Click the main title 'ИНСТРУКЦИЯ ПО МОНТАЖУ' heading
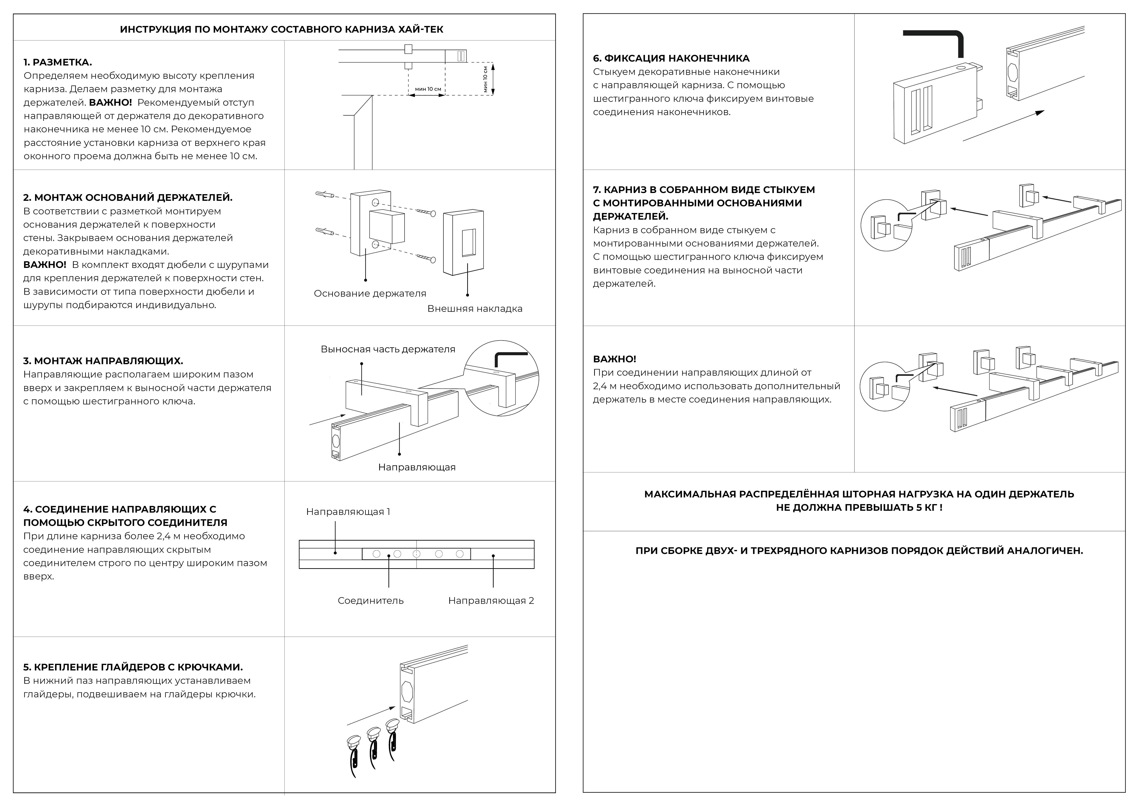pos(281,29)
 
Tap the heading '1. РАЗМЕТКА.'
pos(58,62)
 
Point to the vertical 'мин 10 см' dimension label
pos(485,79)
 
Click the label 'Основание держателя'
pos(370,293)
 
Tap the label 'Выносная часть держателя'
pos(388,349)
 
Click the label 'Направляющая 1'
pos(348,512)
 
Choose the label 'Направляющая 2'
pos(491,601)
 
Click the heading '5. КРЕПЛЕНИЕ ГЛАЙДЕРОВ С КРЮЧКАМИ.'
pos(133,667)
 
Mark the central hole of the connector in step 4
pos(417,554)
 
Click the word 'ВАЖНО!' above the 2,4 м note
pos(614,359)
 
